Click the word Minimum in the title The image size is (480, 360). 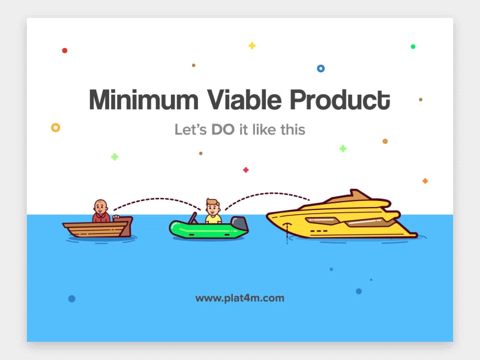click(143, 100)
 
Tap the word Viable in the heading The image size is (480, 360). click(244, 100)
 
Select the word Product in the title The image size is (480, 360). click(340, 100)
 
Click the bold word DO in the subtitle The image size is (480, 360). click(223, 130)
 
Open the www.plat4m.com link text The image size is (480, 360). click(239, 298)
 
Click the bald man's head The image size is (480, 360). click(100, 207)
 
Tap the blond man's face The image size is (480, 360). click(213, 209)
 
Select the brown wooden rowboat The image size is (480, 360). click(98, 227)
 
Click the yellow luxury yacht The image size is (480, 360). click(341, 216)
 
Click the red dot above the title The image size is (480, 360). click(65, 50)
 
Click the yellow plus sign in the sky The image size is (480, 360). click(252, 46)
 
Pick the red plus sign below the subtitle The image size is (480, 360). click(245, 170)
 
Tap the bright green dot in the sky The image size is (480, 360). click(413, 47)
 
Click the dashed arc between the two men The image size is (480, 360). click(157, 199)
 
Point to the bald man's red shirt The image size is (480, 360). click(101, 218)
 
